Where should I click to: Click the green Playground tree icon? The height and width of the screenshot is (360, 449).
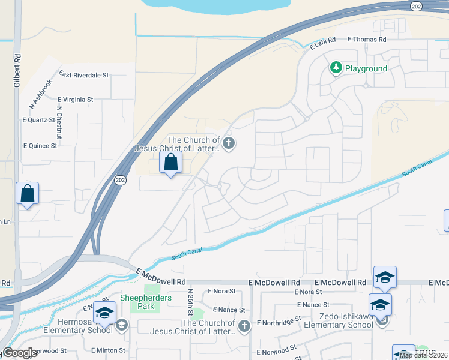336,68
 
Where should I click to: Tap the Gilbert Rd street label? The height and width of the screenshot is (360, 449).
18,71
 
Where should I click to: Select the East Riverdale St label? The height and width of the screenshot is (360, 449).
83,75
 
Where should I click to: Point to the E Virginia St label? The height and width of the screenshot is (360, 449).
76,99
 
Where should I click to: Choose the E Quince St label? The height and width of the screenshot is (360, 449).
40,145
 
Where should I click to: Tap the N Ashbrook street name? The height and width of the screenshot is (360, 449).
41,94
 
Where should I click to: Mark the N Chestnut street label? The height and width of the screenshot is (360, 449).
59,122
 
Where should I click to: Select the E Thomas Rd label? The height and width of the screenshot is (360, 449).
367,39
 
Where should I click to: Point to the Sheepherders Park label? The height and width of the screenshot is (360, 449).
146,302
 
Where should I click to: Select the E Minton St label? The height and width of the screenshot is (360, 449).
108,350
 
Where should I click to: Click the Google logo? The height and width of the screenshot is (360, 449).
20,353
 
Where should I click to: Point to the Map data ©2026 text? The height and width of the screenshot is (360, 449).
424,355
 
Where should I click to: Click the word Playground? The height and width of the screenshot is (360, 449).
366,68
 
